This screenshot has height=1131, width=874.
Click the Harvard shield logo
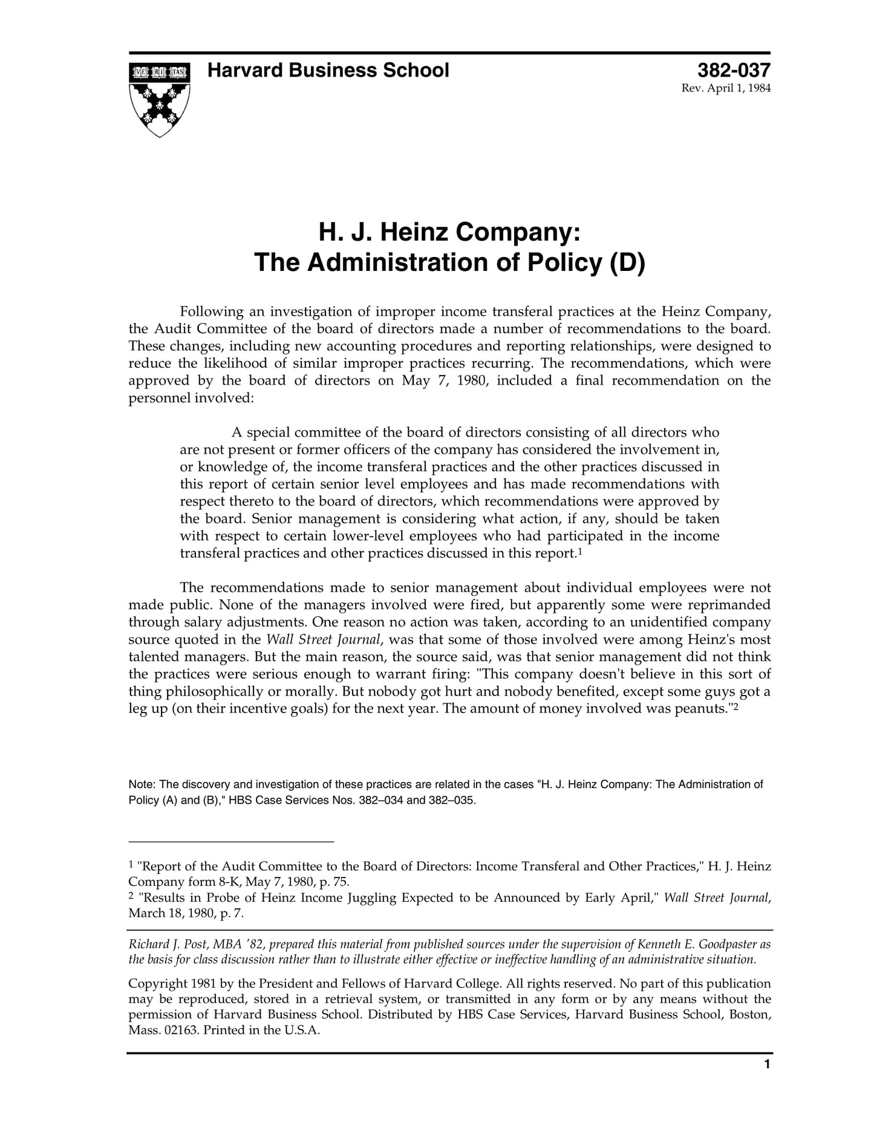coord(160,99)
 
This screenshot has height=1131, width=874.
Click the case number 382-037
coord(734,71)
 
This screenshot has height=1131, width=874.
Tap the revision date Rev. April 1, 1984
coord(726,88)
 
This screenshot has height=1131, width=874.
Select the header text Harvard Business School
coord(328,71)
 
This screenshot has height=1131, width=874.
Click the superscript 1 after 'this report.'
coord(579,552)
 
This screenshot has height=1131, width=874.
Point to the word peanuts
coord(702,709)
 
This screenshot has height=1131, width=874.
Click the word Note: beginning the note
coord(142,784)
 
